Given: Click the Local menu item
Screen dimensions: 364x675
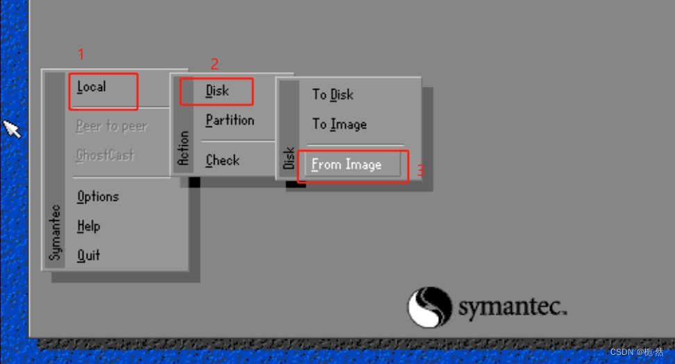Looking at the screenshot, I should pyautogui.click(x=92, y=88).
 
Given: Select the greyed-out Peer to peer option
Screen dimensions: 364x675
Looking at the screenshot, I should pyautogui.click(x=111, y=126).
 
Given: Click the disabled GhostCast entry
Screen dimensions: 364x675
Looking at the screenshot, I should pyautogui.click(x=105, y=156).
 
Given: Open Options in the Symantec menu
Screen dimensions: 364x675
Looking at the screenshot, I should pyautogui.click(x=98, y=197).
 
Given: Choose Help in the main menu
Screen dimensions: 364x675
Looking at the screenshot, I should pyautogui.click(x=89, y=226).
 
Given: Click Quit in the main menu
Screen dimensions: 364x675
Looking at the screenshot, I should pyautogui.click(x=89, y=256).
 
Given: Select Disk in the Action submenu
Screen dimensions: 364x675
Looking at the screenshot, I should pyautogui.click(x=217, y=91).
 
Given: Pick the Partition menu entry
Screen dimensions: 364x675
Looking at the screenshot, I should pyautogui.click(x=230, y=120).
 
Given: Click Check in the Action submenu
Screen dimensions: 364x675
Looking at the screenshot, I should pyautogui.click(x=222, y=160).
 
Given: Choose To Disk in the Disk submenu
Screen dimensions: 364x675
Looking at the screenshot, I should pyautogui.click(x=333, y=94).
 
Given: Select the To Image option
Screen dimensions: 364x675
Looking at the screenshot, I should pyautogui.click(x=339, y=124).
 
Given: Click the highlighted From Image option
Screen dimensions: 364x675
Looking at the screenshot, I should pyautogui.click(x=347, y=165).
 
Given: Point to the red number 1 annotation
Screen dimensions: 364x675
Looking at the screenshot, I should pyautogui.click(x=81, y=54).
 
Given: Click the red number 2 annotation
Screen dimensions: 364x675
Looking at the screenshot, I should pyautogui.click(x=215, y=65).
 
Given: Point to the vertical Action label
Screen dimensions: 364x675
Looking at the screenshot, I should pyautogui.click(x=183, y=148).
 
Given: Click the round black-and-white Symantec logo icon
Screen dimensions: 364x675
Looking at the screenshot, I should pyautogui.click(x=429, y=307).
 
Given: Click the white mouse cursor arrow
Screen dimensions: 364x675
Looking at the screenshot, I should pyautogui.click(x=12, y=129).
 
